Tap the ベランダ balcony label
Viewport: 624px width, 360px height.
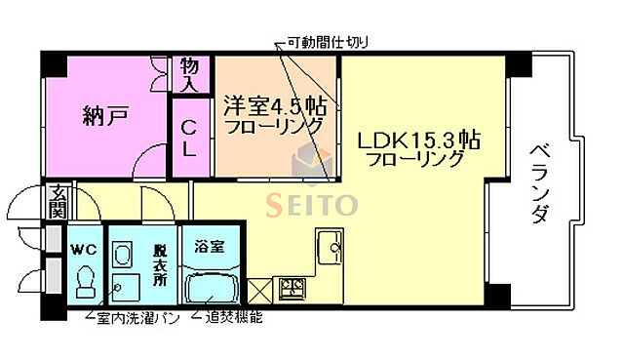539,184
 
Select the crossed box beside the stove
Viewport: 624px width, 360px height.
260,290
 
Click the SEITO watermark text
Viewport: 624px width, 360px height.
312,204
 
